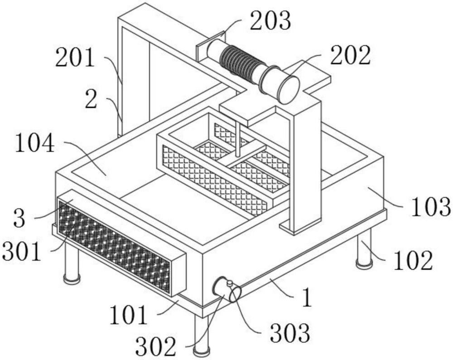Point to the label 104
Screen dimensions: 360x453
click(x=35, y=145)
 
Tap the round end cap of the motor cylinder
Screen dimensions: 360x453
click(x=288, y=89)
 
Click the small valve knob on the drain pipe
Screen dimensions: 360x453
click(x=230, y=283)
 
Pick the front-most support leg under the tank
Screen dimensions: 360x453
click(x=201, y=336)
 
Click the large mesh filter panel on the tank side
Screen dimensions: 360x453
click(x=115, y=245)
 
